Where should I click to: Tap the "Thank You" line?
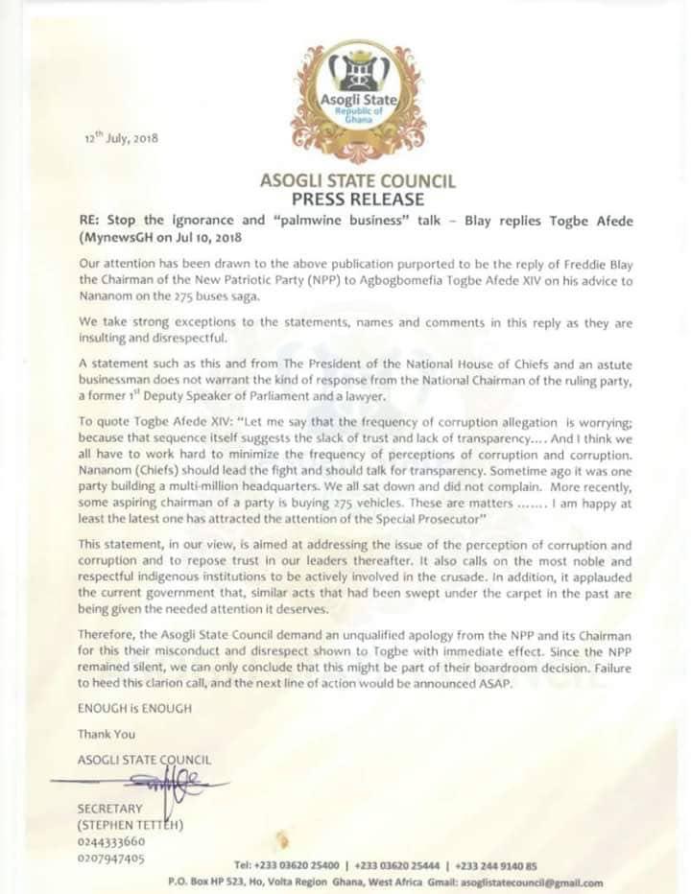pos(107,734)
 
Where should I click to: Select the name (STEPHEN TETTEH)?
pos(130,824)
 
